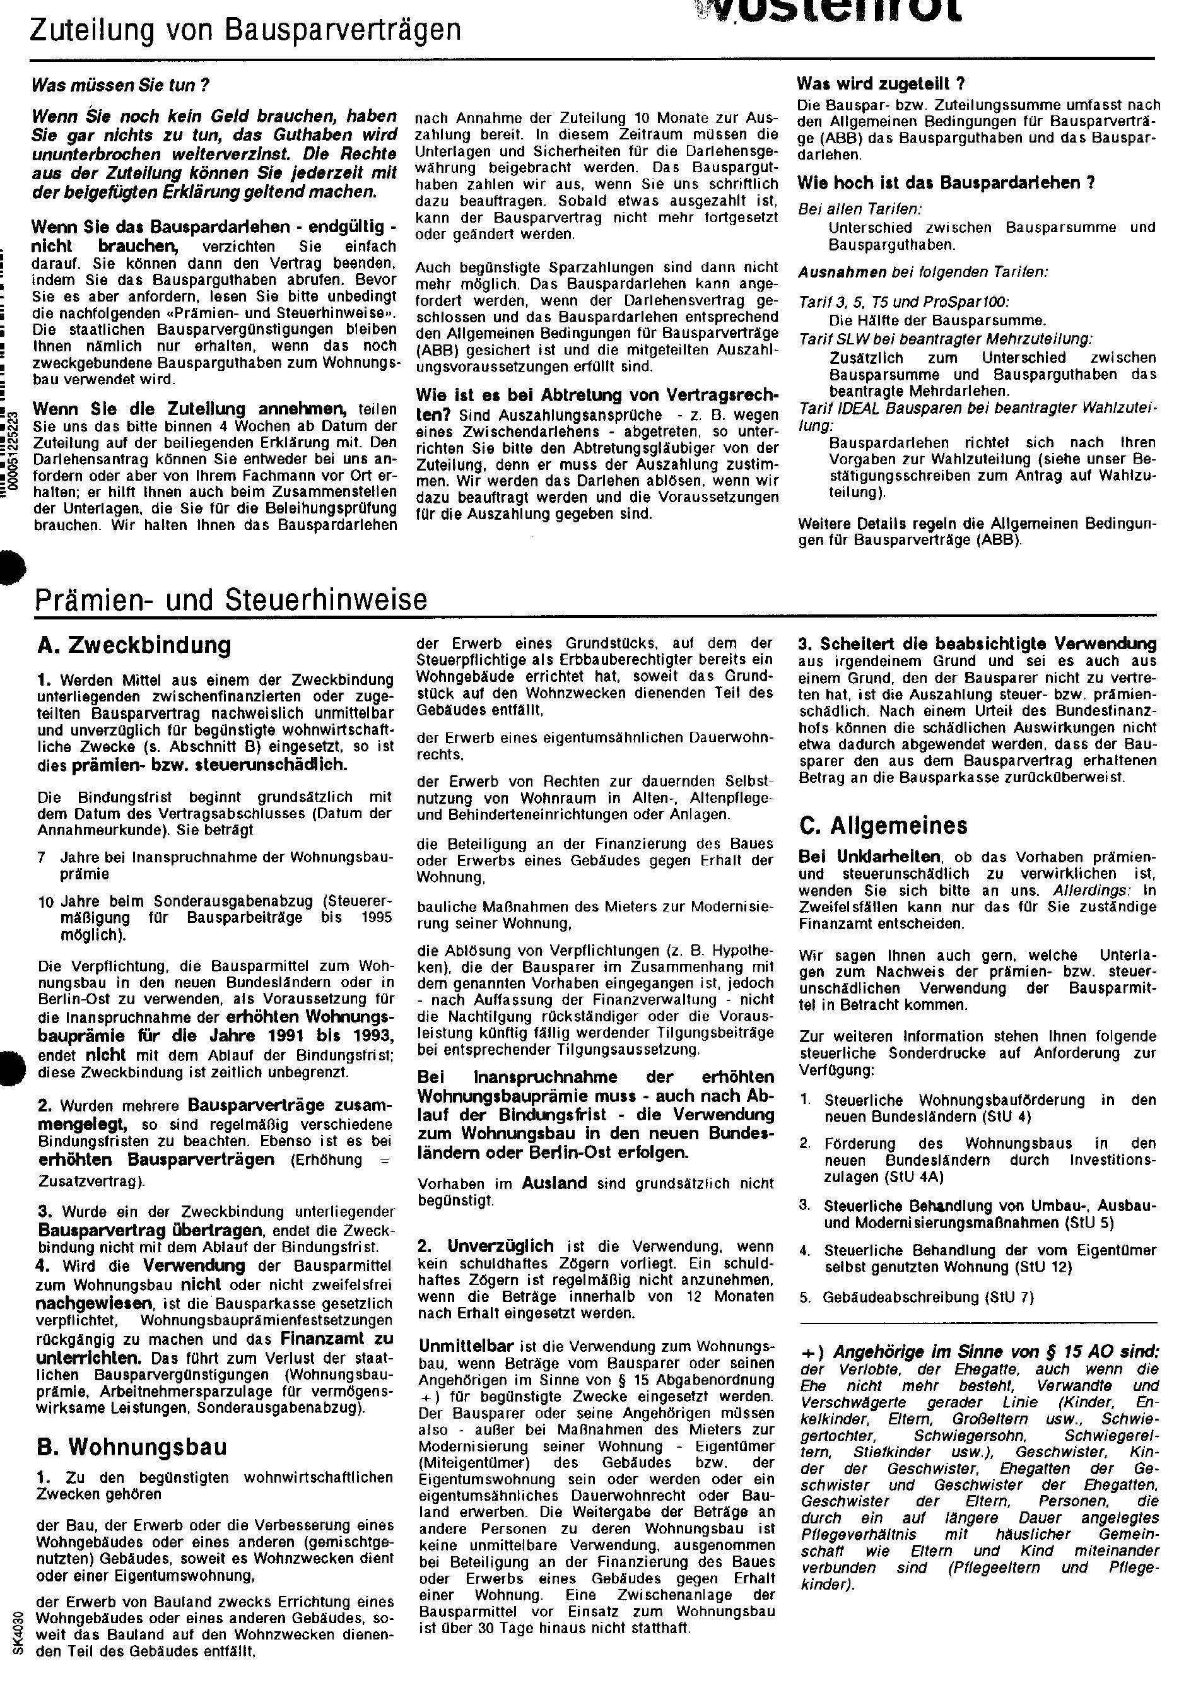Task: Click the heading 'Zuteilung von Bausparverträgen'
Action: point(245,31)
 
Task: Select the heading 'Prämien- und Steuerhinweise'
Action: point(231,599)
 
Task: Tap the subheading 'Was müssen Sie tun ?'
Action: point(120,85)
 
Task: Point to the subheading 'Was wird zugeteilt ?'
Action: point(880,84)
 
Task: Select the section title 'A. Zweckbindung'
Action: point(134,645)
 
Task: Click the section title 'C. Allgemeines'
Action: point(884,826)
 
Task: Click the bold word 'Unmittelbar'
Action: point(466,1346)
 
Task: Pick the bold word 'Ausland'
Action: point(554,1183)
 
